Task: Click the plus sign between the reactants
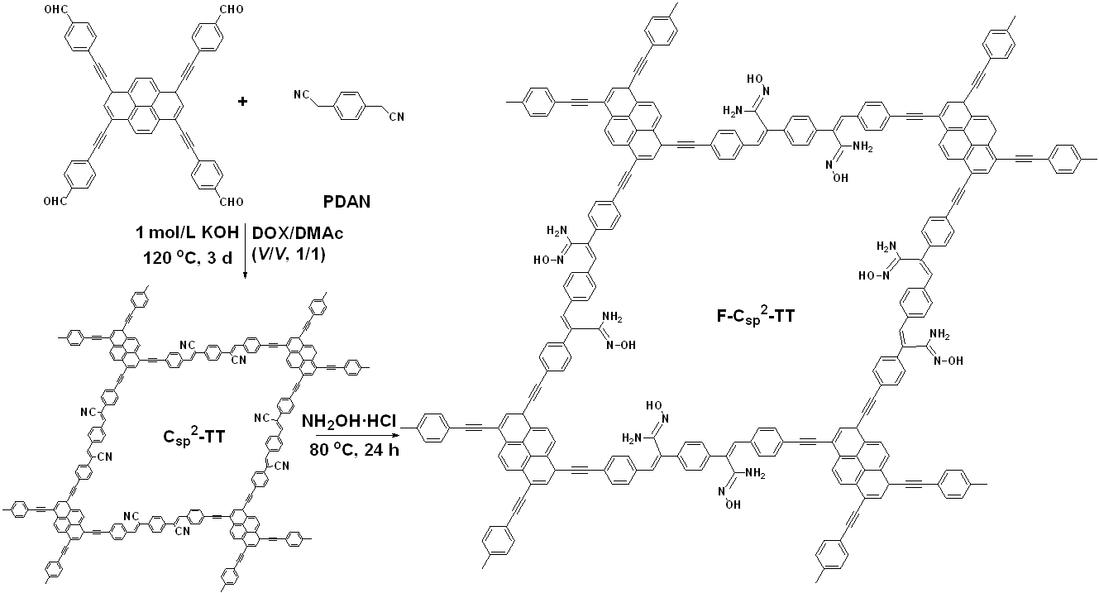[243, 102]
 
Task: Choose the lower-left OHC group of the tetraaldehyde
[51, 199]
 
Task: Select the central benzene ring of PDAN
[349, 108]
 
